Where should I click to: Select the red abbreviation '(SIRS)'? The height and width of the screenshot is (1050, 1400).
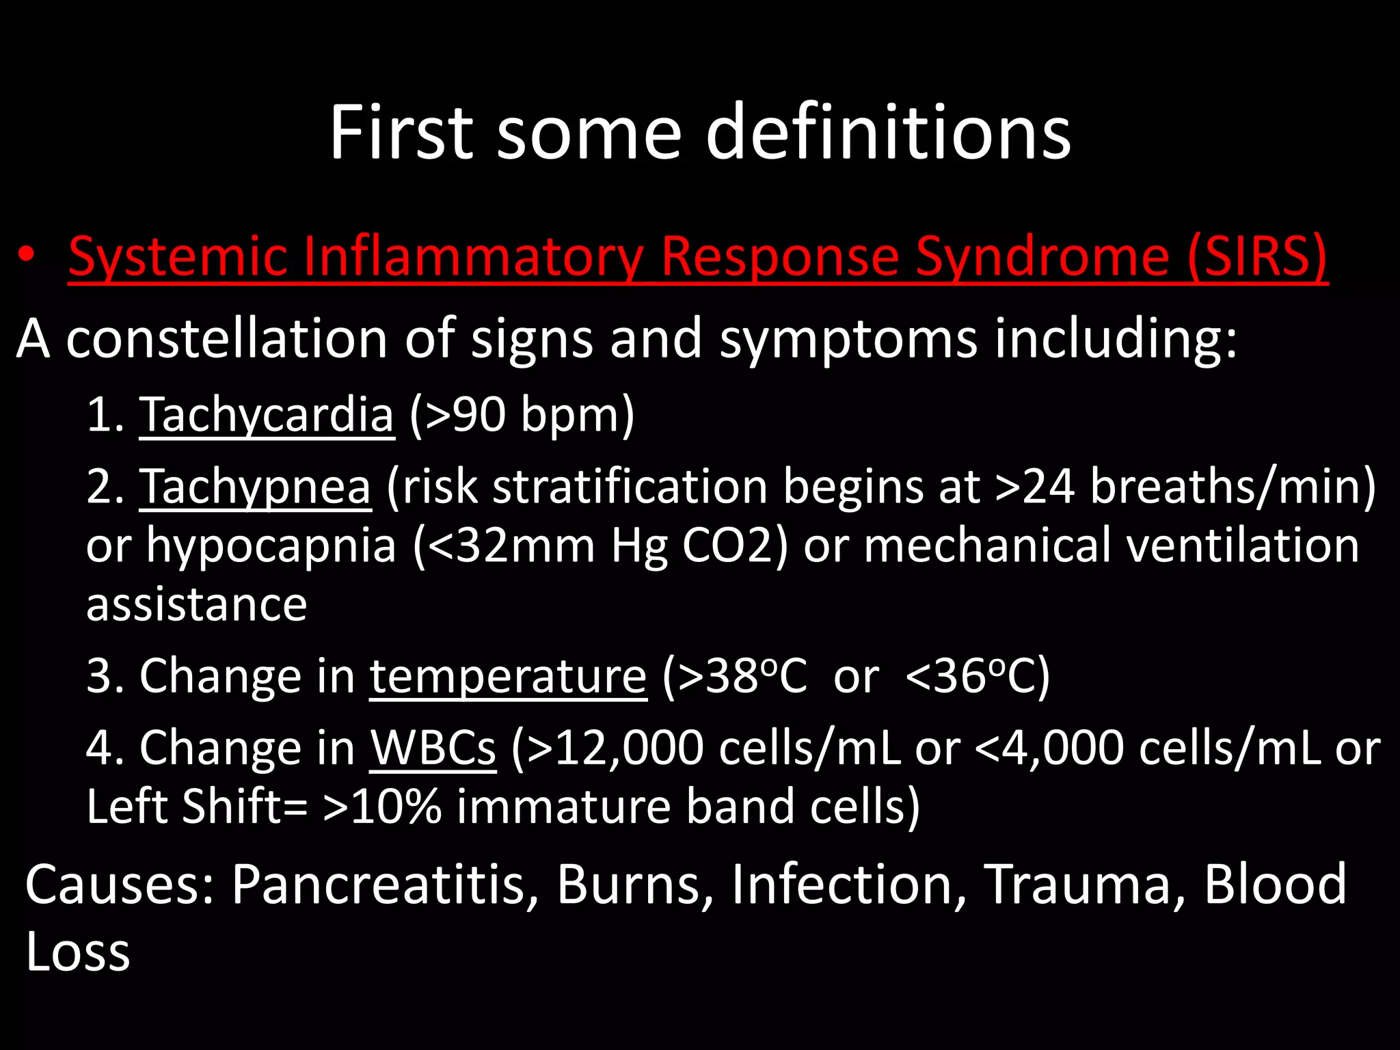(x=1258, y=257)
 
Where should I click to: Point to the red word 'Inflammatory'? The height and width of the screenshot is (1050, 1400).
(x=472, y=257)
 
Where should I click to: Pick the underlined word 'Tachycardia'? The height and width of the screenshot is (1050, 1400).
(x=267, y=414)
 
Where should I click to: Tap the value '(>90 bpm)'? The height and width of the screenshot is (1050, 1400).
(x=522, y=414)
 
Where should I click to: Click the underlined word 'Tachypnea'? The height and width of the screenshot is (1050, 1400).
(x=255, y=486)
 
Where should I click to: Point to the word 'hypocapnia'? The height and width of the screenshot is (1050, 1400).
(x=271, y=546)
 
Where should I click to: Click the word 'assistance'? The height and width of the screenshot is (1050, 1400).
(x=197, y=604)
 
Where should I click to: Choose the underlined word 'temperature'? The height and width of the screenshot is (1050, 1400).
(x=508, y=676)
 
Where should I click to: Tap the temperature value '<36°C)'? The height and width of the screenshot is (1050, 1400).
(x=977, y=676)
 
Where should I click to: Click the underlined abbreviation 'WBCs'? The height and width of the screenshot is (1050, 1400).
(x=433, y=748)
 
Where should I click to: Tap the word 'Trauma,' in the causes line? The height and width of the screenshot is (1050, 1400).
(x=1083, y=884)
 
